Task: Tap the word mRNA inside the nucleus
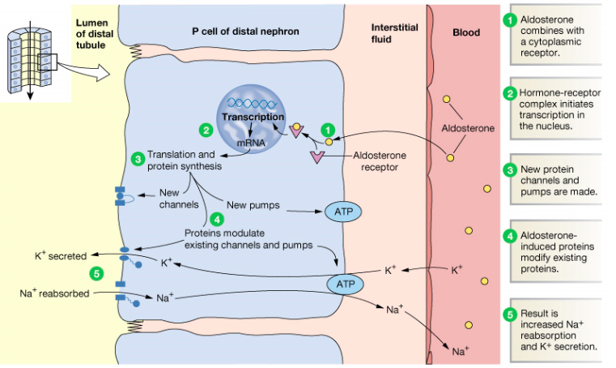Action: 252,143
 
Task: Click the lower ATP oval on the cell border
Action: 343,284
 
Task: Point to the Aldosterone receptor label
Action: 380,161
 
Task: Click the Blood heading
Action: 466,33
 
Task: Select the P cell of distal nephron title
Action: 245,32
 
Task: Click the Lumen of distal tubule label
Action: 93,32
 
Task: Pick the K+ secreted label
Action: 61,255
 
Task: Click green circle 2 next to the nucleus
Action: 206,130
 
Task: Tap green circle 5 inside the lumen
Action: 98,273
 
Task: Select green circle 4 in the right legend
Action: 510,237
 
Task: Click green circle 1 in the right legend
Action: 510,20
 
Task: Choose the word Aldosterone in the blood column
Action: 467,128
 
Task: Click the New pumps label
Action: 253,205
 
